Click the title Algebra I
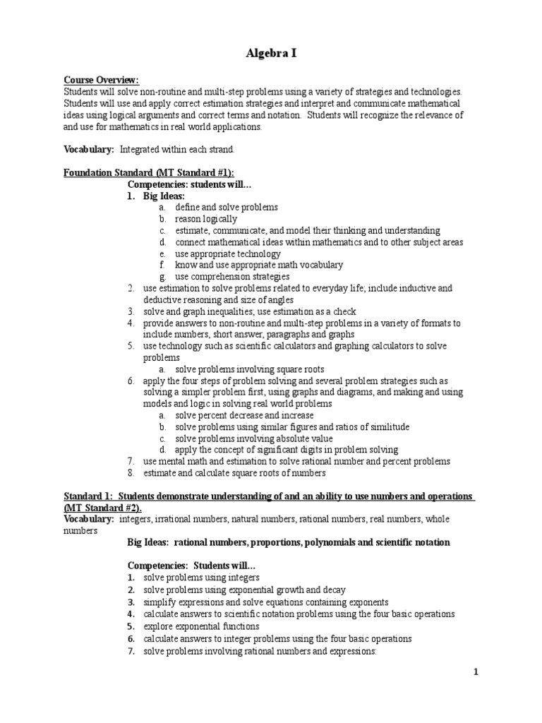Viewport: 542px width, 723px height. [x=271, y=53]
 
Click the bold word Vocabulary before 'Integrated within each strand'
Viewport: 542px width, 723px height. [x=89, y=150]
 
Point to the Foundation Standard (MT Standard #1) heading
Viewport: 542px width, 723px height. [x=149, y=173]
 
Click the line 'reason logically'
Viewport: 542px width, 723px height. [x=206, y=219]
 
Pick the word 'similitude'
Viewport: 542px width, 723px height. [x=387, y=427]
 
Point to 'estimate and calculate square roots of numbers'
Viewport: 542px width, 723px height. [x=234, y=473]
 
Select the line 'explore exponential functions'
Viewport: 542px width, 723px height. [x=201, y=626]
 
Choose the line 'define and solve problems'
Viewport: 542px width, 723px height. [x=227, y=208]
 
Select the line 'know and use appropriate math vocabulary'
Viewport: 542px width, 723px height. [x=259, y=265]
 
